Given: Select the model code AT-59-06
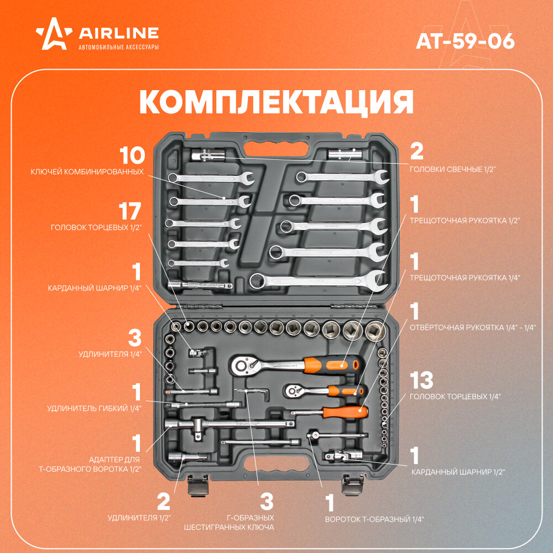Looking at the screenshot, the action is coord(465,40).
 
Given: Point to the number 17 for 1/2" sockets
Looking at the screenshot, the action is coord(131,212).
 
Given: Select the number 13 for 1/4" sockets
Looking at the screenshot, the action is coord(421,380).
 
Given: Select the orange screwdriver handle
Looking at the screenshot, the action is coord(345,411).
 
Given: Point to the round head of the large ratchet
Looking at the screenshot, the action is coord(241,364).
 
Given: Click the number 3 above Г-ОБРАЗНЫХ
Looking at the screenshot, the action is coord(267,502).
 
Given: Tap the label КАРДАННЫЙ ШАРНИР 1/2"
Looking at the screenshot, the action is coord(458,472).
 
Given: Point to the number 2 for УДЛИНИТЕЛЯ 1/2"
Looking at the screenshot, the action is coord(163,502).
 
